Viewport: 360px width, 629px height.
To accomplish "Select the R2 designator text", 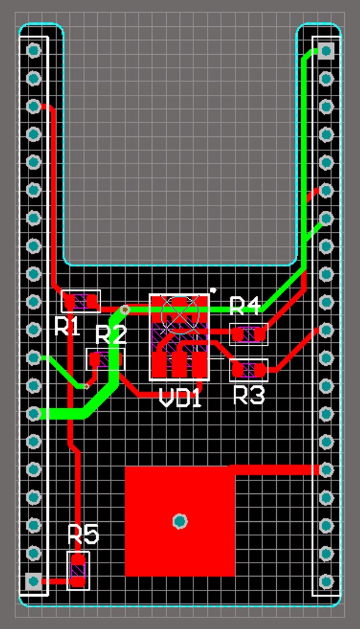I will click(111, 335).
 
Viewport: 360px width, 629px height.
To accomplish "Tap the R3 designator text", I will click(249, 395).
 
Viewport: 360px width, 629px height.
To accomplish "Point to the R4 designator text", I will click(245, 306).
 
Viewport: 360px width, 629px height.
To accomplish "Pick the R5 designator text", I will click(83, 533).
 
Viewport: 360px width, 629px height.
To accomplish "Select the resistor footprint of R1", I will click(81, 301).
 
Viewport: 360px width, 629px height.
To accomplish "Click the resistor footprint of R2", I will click(105, 359).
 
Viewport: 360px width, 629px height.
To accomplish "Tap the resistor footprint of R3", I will click(249, 370).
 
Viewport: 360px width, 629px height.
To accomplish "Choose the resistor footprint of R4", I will click(249, 334).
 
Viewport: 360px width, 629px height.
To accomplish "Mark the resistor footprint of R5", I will click(78, 571).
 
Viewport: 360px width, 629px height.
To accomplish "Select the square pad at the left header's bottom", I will click(34, 581).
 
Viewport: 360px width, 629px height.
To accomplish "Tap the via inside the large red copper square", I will click(180, 521).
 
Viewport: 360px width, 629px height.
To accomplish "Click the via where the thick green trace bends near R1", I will click(124, 309).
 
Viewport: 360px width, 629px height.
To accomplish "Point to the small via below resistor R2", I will click(87, 386).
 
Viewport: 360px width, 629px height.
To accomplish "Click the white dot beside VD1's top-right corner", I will click(213, 290).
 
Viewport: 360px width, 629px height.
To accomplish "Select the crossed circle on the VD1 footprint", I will click(179, 312).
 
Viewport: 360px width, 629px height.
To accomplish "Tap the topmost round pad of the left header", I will click(34, 50).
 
